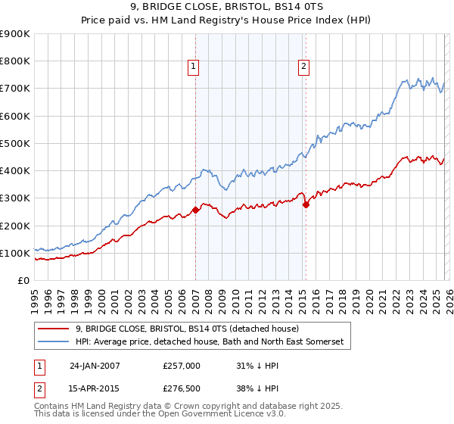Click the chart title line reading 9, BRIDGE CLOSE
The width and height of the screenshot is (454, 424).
click(x=226, y=8)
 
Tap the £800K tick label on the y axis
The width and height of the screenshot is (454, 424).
click(x=15, y=61)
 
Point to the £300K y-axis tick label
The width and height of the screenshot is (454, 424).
click(x=15, y=198)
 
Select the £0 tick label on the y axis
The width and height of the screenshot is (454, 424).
click(x=23, y=281)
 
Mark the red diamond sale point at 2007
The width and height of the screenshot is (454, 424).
click(x=195, y=210)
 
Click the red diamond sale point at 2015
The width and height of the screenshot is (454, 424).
click(x=306, y=204)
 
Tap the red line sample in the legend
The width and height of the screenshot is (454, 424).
click(x=54, y=329)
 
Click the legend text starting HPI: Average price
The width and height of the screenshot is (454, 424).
click(x=209, y=342)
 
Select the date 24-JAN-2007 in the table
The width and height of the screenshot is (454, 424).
click(x=95, y=366)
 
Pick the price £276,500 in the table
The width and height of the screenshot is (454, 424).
click(x=182, y=390)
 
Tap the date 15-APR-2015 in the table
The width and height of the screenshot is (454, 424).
click(x=95, y=390)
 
